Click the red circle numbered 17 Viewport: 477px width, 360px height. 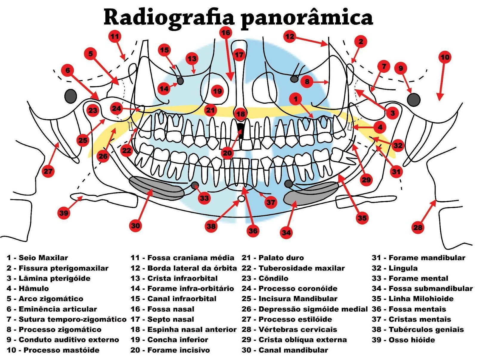click(x=239, y=55)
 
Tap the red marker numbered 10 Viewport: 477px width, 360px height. click(x=445, y=57)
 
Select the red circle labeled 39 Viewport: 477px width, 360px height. click(x=64, y=213)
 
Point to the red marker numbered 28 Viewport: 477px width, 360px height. click(x=417, y=227)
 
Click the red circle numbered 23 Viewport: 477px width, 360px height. click(x=93, y=110)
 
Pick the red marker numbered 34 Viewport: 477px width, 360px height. click(x=286, y=232)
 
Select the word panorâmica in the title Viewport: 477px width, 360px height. click(x=307, y=18)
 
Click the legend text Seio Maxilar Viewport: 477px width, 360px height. click(x=43, y=258)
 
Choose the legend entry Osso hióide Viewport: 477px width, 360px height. click(x=412, y=340)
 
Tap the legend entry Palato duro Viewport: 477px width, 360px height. click(x=281, y=258)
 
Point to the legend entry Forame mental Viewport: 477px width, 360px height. click(x=418, y=278)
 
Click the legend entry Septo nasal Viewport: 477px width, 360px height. click(x=171, y=319)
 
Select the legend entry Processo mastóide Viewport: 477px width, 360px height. click(x=61, y=350)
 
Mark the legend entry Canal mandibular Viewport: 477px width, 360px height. click(x=293, y=350)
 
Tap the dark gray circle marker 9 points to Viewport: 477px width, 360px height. click(x=413, y=100)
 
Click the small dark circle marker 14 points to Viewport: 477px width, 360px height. click(x=180, y=81)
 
